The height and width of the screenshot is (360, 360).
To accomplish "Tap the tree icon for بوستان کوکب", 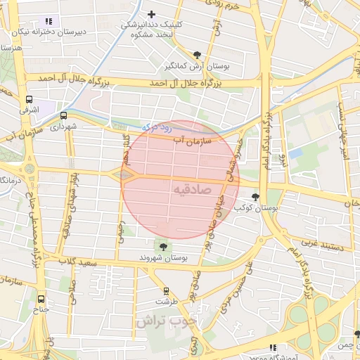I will [x=255, y=198].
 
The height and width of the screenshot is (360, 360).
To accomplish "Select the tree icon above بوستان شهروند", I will [x=164, y=246].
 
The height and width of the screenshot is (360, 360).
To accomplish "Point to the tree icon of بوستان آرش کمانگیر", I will [x=198, y=55].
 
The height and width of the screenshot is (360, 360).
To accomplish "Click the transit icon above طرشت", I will [x=167, y=290].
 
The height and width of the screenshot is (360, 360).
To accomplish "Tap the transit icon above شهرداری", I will [x=63, y=115].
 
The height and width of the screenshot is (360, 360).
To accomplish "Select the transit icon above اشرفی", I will [x=29, y=100].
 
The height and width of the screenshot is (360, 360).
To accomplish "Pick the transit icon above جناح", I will [x=41, y=298].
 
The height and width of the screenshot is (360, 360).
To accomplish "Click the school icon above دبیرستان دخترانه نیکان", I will [x=48, y=21].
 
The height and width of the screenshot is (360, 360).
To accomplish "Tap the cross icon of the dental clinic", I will [x=152, y=13].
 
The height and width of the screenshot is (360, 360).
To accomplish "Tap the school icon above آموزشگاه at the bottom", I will [x=273, y=347].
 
